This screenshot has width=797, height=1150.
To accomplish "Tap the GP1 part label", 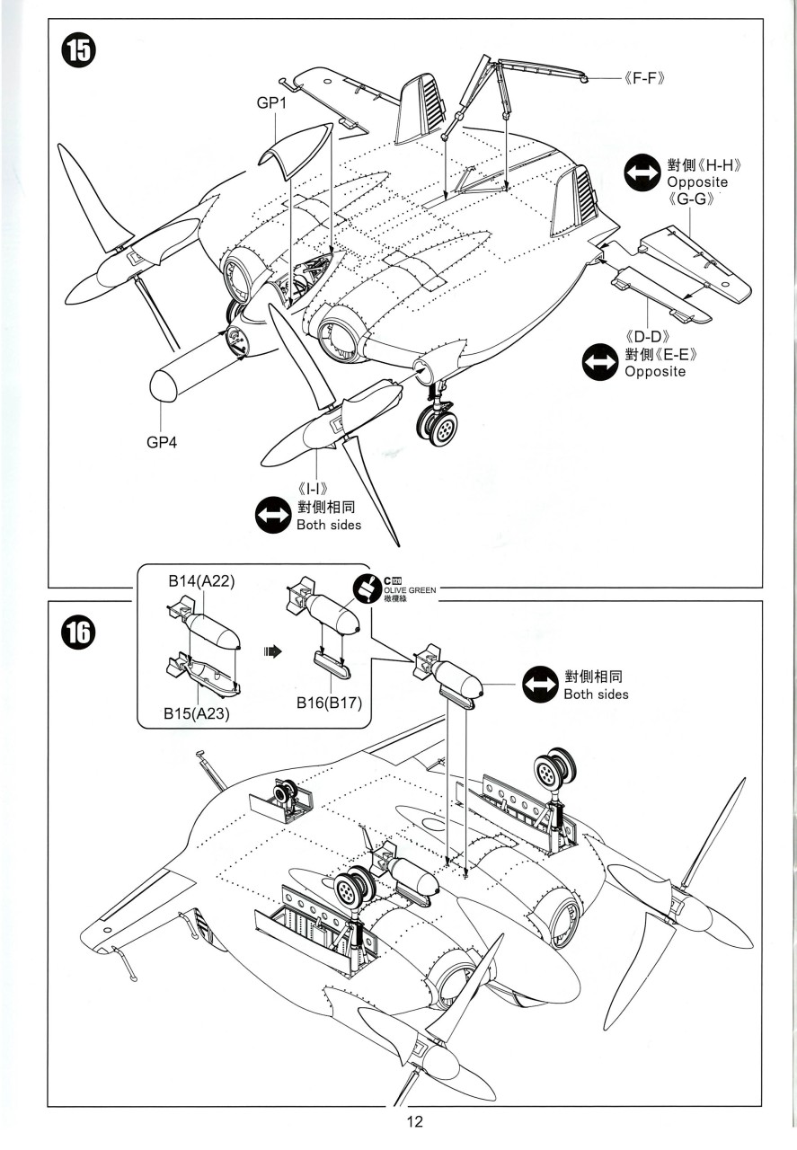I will coord(271,104).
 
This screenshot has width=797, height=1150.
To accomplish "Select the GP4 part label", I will coord(163,442).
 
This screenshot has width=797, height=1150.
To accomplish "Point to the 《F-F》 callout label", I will coord(642,79).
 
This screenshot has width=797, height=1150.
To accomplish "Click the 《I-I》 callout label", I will coord(317,490).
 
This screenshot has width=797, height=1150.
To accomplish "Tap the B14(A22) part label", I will coord(201,581).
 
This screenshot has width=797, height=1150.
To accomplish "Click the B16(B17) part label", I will coord(329,703).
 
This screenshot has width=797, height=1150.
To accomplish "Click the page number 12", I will coord(414,1122).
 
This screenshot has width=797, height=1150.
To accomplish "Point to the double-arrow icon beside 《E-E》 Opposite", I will coord(599,362).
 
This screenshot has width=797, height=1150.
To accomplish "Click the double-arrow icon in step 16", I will coord(540,685).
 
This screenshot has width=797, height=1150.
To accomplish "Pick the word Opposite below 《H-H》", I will coord(697,182).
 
